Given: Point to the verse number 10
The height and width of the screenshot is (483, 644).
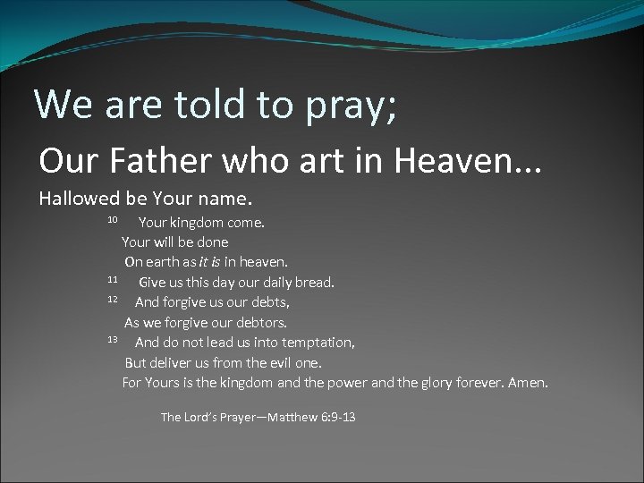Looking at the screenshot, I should click(113, 219).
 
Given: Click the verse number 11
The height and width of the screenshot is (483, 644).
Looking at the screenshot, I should click(113, 280).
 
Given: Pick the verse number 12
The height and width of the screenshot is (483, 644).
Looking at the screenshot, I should click(113, 300).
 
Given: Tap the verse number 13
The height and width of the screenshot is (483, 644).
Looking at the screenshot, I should click(113, 340).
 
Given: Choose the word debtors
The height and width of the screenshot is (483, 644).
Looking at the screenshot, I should click(261, 322).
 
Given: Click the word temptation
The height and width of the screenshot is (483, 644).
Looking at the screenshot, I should click(319, 343).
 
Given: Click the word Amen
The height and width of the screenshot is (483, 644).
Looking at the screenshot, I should click(528, 383).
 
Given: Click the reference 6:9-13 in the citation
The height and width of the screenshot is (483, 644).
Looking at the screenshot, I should click(338, 417).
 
